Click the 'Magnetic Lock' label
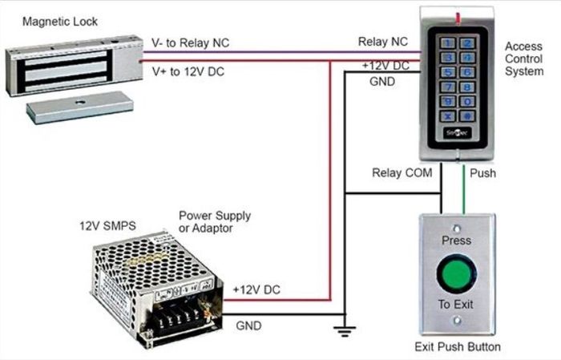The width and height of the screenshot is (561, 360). point(60,22)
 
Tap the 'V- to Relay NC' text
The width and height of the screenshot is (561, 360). point(190,43)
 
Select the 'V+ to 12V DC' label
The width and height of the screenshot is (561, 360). point(188,71)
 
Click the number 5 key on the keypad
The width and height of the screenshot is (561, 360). point(447,72)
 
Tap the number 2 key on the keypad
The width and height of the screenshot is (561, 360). point(467,43)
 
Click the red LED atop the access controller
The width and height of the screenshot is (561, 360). point(458,18)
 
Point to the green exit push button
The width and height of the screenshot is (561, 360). point(456,273)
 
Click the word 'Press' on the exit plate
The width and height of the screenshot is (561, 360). point(456,240)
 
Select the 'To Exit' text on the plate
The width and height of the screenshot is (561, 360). point(455,304)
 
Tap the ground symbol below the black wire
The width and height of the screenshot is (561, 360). point(344,331)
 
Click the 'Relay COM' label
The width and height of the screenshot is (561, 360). point(402,173)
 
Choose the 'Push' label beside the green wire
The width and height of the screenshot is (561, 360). point(482,173)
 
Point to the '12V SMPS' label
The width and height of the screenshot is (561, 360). point(107,226)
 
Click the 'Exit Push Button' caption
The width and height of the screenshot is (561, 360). point(458,346)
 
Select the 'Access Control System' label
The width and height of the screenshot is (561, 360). point(524,59)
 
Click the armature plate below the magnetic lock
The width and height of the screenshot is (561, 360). point(80,107)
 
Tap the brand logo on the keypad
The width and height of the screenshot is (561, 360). point(458,133)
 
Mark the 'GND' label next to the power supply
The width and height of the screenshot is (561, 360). point(248,326)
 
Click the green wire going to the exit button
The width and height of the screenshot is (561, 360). point(464,189)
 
